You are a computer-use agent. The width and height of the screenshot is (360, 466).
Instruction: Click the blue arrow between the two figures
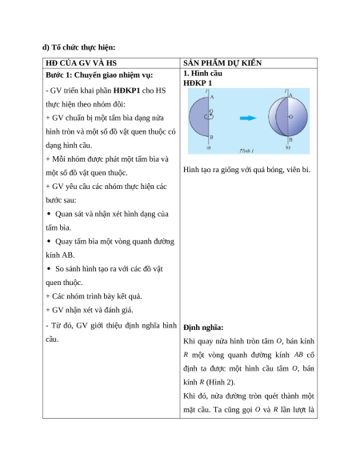(x=248, y=118)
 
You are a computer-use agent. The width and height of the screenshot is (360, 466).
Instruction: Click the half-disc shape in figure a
(x=199, y=117)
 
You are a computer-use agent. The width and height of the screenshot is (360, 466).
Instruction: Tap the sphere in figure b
(x=288, y=117)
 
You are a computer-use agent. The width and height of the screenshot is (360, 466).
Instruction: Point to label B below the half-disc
(x=211, y=137)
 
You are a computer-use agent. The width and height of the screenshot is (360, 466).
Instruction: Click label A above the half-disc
(x=212, y=97)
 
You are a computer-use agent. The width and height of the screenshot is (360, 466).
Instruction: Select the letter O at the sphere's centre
(x=290, y=117)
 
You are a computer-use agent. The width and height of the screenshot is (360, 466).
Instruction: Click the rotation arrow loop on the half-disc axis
(x=209, y=117)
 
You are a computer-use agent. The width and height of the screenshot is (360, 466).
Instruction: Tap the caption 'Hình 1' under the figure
(x=246, y=151)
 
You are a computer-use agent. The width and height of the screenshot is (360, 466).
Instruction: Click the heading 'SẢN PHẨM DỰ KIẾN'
(x=222, y=63)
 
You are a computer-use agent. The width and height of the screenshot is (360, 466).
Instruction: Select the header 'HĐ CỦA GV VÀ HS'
(x=81, y=63)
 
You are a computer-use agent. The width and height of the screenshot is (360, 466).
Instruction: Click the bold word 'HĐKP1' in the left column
(x=126, y=90)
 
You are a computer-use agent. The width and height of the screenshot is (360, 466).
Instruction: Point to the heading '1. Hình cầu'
(x=203, y=73)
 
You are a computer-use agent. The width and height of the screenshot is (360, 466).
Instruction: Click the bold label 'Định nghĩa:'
(x=203, y=327)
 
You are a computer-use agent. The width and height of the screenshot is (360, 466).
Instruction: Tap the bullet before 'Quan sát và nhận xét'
(x=49, y=214)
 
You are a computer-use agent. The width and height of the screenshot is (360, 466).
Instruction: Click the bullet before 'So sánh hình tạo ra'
(x=49, y=268)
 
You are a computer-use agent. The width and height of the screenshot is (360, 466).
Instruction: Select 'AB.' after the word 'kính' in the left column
(x=68, y=255)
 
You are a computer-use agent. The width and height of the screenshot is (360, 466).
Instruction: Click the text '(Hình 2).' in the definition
(x=221, y=382)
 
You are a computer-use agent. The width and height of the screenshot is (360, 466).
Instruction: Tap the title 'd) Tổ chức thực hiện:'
(x=78, y=47)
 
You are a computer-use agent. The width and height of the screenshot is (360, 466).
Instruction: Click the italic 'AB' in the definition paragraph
(x=298, y=355)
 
